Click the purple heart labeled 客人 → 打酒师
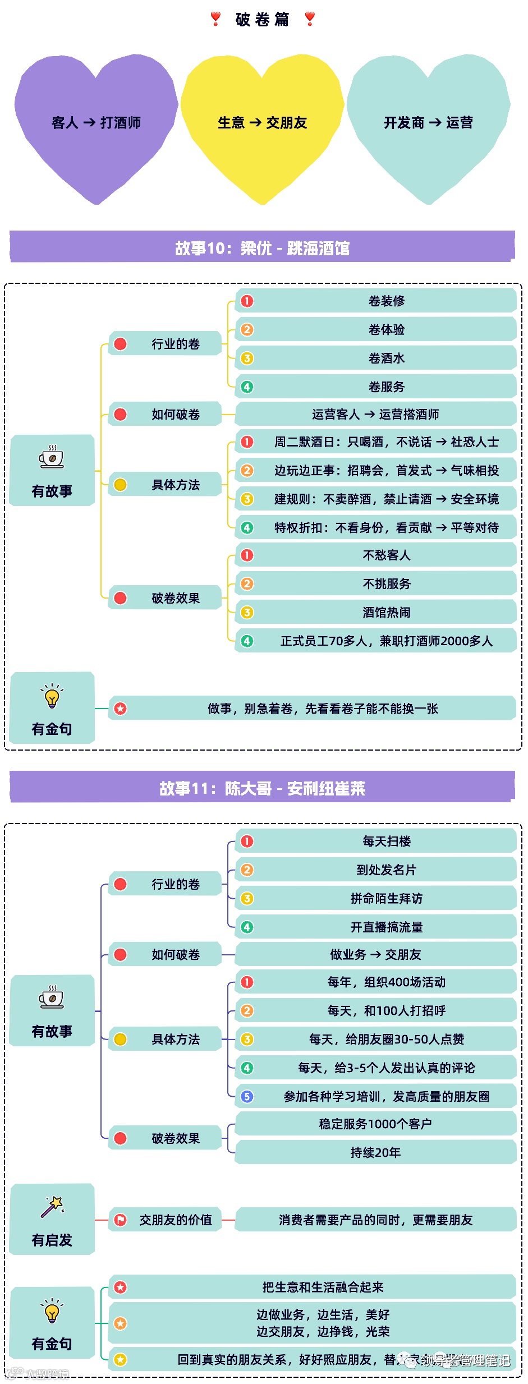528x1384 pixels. [96, 123]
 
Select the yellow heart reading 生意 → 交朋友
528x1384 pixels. [262, 123]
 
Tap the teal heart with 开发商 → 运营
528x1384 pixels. [428, 123]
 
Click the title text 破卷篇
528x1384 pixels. [263, 20]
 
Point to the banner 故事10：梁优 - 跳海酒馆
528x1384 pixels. [262, 247]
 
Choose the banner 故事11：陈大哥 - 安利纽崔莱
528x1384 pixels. [262, 788]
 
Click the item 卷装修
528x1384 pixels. [386, 301]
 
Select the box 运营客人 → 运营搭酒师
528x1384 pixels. [375, 415]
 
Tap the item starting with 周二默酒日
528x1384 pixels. [386, 442]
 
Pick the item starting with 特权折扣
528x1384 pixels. [386, 528]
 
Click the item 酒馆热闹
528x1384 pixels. [386, 613]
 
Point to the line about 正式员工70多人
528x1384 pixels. [386, 641]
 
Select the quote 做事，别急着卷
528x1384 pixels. [323, 709]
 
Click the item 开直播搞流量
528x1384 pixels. [386, 927]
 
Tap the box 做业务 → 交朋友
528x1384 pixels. [375, 955]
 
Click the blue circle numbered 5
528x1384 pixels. [247, 1096]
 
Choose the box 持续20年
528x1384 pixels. [375, 1153]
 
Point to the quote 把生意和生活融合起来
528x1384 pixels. [323, 1288]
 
